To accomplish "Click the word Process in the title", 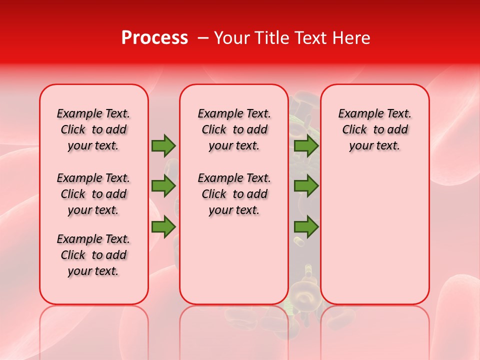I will (x=154, y=38).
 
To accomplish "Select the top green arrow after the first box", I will (x=163, y=146).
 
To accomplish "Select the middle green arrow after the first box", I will (x=163, y=186).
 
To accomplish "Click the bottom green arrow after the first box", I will (x=163, y=227).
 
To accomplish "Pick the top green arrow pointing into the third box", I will (x=306, y=146).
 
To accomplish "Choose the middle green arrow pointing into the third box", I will (x=306, y=186).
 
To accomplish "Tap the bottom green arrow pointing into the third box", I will (x=306, y=227).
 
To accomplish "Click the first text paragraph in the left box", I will (x=93, y=129).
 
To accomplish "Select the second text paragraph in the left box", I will (x=93, y=194).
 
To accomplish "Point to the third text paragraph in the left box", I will (x=93, y=255).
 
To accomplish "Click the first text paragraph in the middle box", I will (x=234, y=129).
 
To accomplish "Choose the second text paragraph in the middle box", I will (x=234, y=194).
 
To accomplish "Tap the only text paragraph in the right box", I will (x=375, y=129).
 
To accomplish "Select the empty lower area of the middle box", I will (x=234, y=265).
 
